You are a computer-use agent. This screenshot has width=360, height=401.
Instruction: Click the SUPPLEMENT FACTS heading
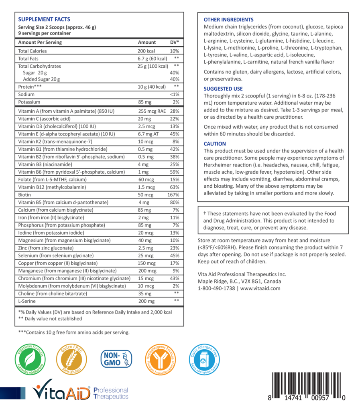tap(44, 19)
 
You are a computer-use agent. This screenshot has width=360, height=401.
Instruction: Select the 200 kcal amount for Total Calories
tap(146, 51)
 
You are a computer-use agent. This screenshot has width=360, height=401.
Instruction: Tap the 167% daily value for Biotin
tap(173, 195)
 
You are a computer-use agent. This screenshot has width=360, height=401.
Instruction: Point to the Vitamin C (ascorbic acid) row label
tap(44, 119)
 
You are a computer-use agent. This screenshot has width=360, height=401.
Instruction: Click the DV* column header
tap(175, 42)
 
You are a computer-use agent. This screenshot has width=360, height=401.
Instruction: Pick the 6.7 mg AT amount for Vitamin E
tap(148, 134)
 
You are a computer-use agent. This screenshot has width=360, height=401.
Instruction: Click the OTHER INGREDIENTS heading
tap(228, 20)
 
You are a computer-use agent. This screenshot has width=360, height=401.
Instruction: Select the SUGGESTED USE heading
tap(223, 89)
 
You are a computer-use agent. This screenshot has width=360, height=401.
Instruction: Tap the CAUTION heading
tap(215, 144)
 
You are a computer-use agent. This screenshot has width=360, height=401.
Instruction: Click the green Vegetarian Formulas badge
tap(31, 358)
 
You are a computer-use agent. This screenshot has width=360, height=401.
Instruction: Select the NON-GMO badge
tap(116, 358)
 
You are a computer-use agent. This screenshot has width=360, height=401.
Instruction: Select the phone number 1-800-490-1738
tap(216, 288)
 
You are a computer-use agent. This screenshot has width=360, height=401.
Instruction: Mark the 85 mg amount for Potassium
tap(144, 102)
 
